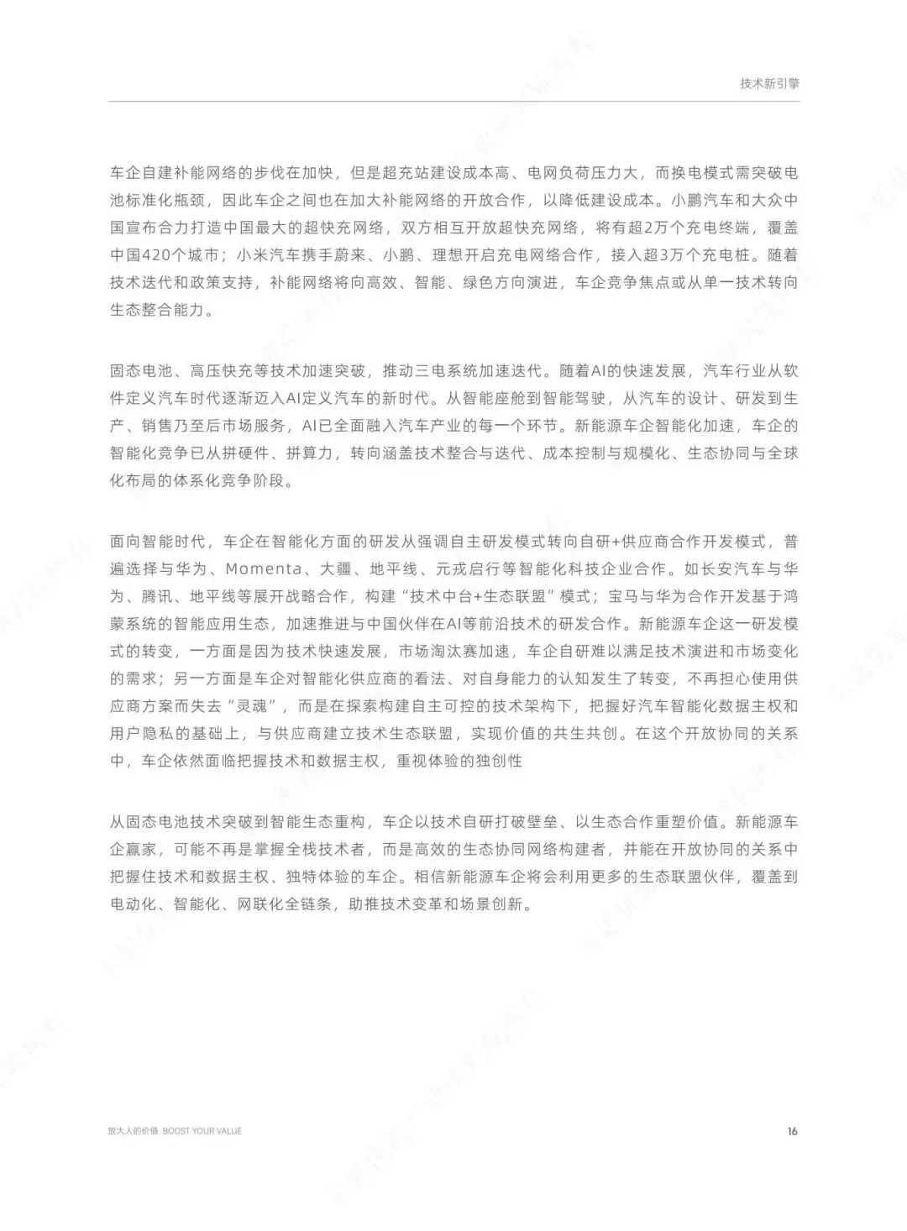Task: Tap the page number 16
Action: [x=792, y=1131]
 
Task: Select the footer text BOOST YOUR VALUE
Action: [x=202, y=1131]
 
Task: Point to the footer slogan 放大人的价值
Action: [x=133, y=1131]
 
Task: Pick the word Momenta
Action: [x=263, y=569]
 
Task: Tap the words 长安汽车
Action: [x=726, y=569]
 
